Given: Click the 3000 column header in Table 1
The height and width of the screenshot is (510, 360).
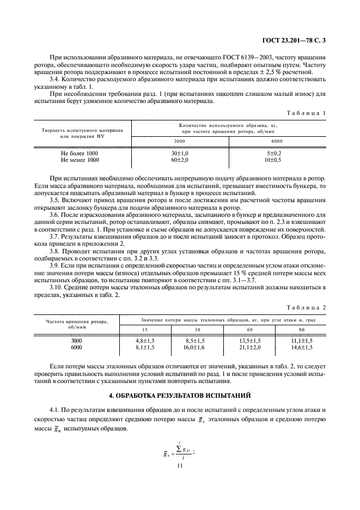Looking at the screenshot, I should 179,141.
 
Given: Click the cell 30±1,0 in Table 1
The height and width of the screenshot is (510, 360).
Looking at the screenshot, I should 179,154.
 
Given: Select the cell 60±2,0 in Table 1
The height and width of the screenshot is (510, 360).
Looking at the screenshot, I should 179,160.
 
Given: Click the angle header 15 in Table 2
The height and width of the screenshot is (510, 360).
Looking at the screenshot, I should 144,329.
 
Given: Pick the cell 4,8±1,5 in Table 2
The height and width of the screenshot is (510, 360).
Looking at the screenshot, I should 144,341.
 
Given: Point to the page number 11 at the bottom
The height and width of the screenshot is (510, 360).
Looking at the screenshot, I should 180,466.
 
